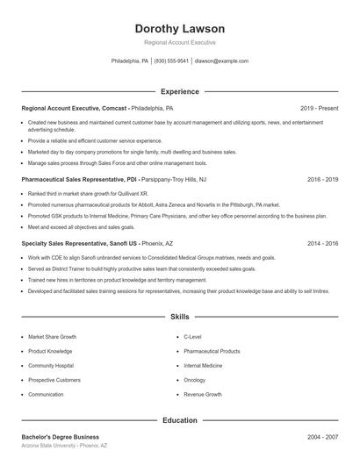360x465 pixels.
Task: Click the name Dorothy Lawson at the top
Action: [x=180, y=29]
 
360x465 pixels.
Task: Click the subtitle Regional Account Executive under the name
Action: [x=180, y=43]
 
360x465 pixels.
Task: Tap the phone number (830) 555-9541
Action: [x=171, y=61]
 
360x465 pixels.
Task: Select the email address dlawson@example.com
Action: [x=221, y=61]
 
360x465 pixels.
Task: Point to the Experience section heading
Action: [x=180, y=91]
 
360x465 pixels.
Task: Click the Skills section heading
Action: [x=180, y=316]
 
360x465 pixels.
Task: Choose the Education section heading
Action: [x=180, y=420]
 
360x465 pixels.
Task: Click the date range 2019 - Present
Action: [x=319, y=109]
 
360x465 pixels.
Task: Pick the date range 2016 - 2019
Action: [x=322, y=179]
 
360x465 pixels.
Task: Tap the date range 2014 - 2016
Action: [x=322, y=243]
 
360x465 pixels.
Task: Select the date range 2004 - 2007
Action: [x=322, y=437]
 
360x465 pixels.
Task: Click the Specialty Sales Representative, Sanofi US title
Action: [x=78, y=243]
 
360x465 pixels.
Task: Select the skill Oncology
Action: [x=194, y=380]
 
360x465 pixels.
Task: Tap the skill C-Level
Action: [x=192, y=336]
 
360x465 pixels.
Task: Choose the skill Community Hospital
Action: [x=51, y=365]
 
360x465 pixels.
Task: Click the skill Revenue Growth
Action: [x=203, y=395]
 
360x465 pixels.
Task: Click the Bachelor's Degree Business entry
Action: [x=61, y=437]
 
